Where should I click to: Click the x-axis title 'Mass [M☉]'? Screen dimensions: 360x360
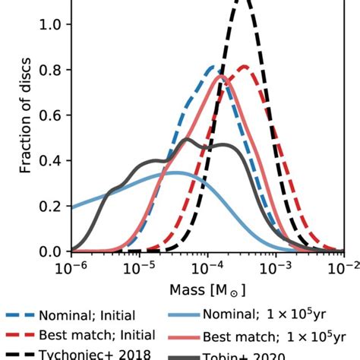(207, 290)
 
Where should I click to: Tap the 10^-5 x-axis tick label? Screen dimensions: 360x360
(140, 268)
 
